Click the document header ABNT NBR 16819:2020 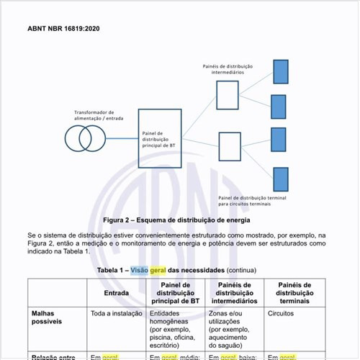point(63,30)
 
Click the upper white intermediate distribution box point(228,94)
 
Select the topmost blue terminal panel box point(279,71)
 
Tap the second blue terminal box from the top point(279,106)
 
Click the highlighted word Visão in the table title point(140,271)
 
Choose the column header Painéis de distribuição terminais point(294,293)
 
